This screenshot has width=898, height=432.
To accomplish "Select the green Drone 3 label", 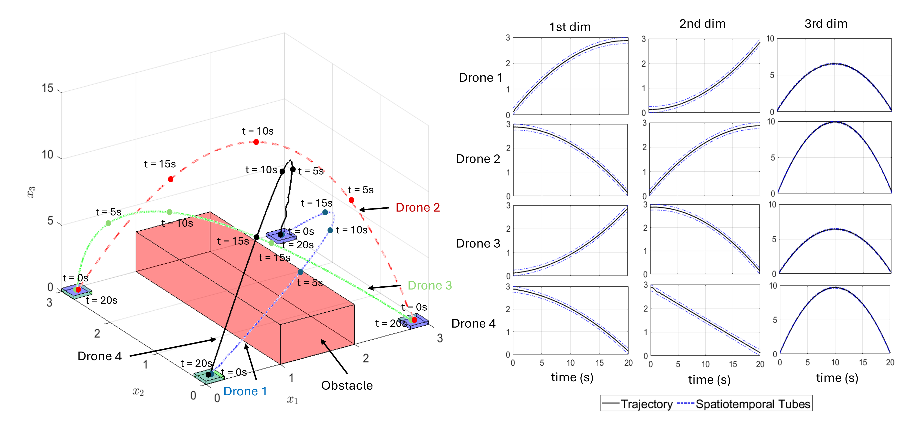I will point(430,285).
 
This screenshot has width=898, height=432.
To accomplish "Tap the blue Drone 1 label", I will point(245,391).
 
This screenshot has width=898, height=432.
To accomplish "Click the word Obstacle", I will point(347,386).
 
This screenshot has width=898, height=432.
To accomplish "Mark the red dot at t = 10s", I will point(256,142).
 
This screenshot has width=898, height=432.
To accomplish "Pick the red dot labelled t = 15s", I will point(170,179).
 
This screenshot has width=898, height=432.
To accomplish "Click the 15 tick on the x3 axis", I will point(48,88).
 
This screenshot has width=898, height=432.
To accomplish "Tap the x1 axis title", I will point(292,400).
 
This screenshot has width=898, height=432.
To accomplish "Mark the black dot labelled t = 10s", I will point(282,172).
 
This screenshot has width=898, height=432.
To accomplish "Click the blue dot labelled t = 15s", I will point(325,212).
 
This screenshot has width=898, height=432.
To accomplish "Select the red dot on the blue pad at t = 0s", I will point(414,320).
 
